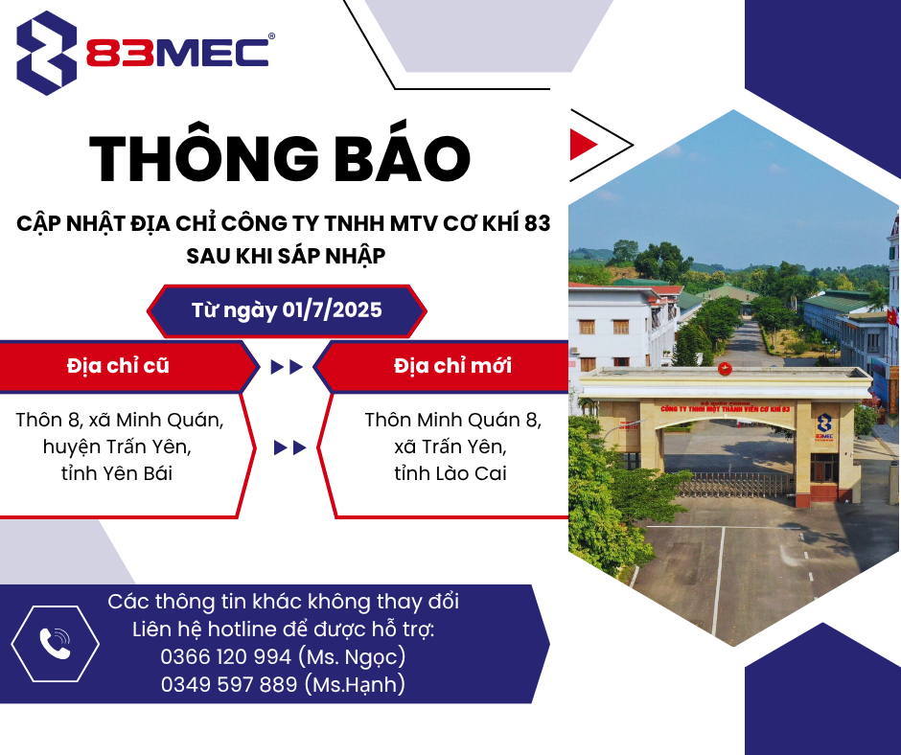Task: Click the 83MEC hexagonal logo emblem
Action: click(47, 53)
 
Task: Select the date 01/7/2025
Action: click(333, 309)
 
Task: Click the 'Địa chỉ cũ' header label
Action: click(118, 365)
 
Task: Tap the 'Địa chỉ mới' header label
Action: click(452, 365)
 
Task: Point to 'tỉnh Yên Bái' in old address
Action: click(117, 473)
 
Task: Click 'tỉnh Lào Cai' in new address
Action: click(450, 473)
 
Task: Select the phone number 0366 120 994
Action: click(226, 656)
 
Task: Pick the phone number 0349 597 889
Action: click(229, 684)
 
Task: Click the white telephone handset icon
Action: click(55, 644)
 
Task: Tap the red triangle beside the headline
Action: click(583, 145)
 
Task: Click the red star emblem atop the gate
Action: click(725, 368)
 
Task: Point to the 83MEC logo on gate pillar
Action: click(824, 427)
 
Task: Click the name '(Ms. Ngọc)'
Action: click(352, 656)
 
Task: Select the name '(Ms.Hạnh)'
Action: click(355, 684)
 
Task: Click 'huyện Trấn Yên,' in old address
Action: click(117, 446)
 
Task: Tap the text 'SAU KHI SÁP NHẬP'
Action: click(286, 256)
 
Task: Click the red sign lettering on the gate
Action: click(726, 408)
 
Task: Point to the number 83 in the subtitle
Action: click(538, 223)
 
